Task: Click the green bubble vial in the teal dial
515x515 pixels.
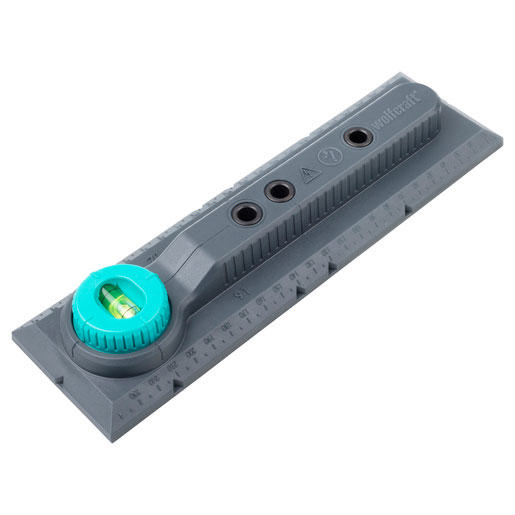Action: click(116, 300)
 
